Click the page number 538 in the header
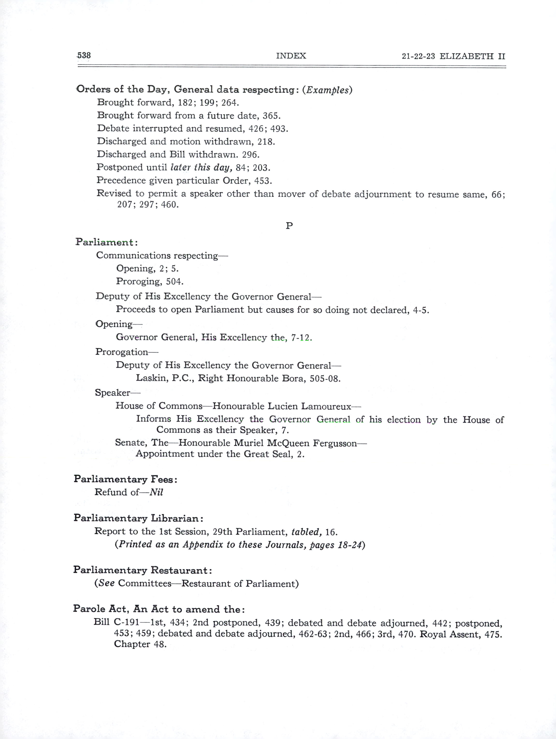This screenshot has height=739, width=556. click(84, 55)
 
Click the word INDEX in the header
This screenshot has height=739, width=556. click(291, 56)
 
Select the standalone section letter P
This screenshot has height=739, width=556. click(289, 226)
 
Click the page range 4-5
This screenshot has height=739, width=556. click(420, 310)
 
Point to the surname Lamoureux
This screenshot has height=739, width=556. click(326, 406)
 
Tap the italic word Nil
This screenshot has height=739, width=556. click(156, 492)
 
